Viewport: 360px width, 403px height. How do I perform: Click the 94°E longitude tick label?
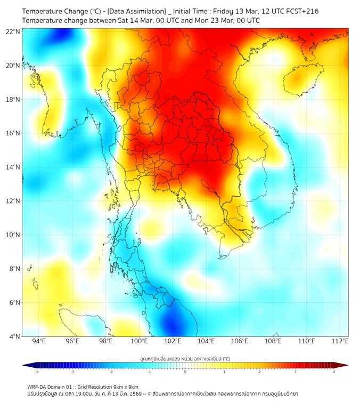coord(39,341)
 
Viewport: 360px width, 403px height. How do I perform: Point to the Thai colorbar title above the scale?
coord(185,359)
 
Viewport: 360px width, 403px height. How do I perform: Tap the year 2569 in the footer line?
coord(132,393)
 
